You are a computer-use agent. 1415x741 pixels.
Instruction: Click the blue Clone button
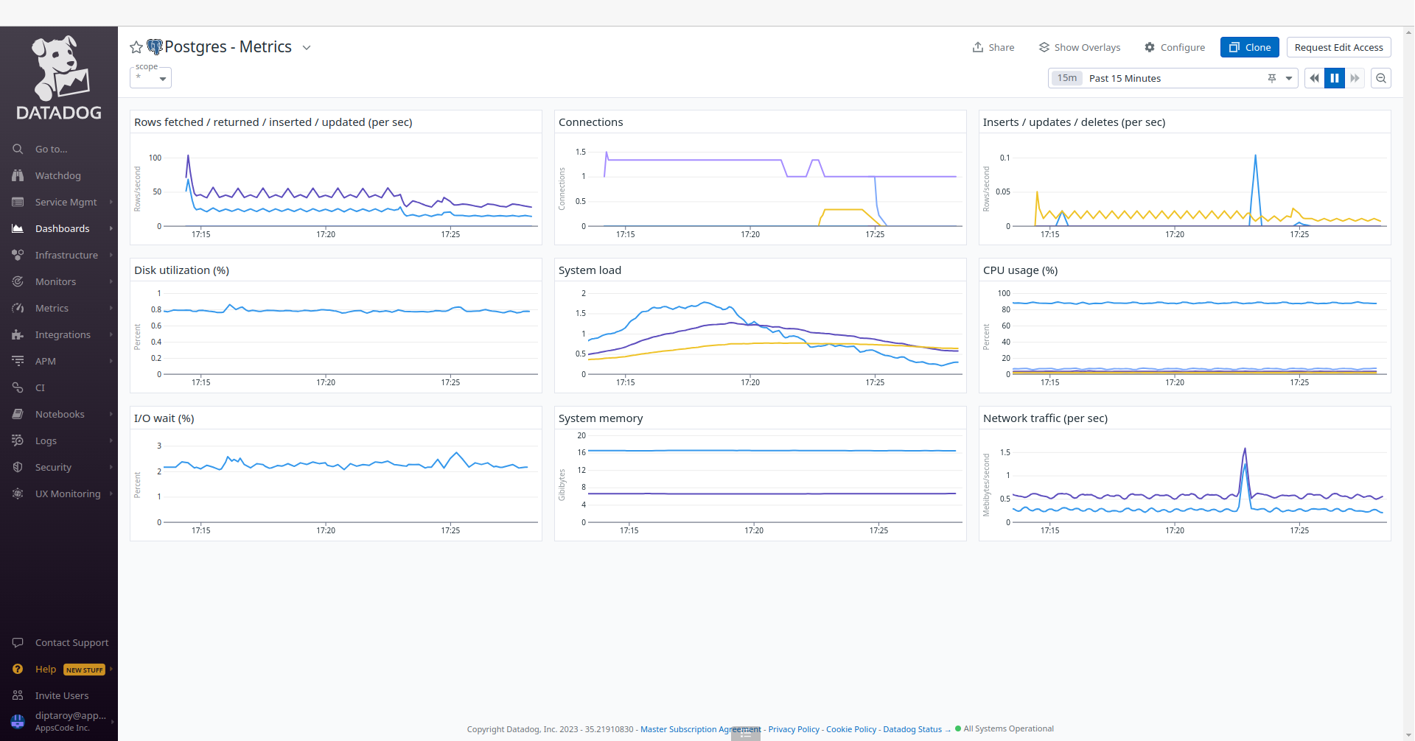[x=1250, y=47]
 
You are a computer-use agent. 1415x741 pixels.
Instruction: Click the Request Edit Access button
[x=1338, y=47]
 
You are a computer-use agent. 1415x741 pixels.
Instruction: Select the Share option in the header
[x=993, y=47]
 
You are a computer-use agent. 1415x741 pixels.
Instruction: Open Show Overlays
[x=1080, y=47]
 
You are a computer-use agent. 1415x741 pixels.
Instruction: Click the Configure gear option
[x=1175, y=47]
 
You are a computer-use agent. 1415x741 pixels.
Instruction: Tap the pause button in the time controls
[x=1335, y=78]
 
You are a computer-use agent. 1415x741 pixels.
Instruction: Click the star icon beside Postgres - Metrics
[x=136, y=47]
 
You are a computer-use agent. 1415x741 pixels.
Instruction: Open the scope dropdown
[x=151, y=77]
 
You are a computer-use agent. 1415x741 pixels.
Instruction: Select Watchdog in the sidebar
[x=57, y=175]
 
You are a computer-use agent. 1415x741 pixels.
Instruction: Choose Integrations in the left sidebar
[x=63, y=334]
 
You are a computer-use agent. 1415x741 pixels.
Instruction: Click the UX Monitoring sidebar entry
[x=67, y=494]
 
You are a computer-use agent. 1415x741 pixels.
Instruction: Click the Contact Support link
[x=71, y=642]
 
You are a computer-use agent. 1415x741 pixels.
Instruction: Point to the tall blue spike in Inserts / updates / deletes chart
[x=1255, y=157]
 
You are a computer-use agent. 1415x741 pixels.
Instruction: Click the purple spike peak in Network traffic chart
[x=1245, y=449]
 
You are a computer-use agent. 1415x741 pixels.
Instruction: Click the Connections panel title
[x=590, y=122]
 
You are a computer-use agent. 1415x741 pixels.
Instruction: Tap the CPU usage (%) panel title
[x=1020, y=270]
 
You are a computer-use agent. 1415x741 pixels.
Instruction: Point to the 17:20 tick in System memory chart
[x=754, y=530]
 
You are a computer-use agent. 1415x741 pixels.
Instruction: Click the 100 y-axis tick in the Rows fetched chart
[x=155, y=158]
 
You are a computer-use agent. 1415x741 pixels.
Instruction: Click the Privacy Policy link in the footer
[x=794, y=729]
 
